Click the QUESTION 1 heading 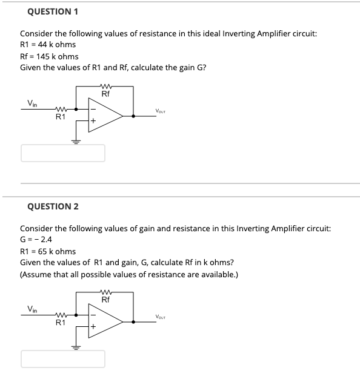53,12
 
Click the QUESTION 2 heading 53,206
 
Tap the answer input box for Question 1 63,153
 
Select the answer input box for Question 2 63,359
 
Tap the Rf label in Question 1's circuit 105,94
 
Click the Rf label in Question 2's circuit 105,300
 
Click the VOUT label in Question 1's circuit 161,111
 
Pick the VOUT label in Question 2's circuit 161,317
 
